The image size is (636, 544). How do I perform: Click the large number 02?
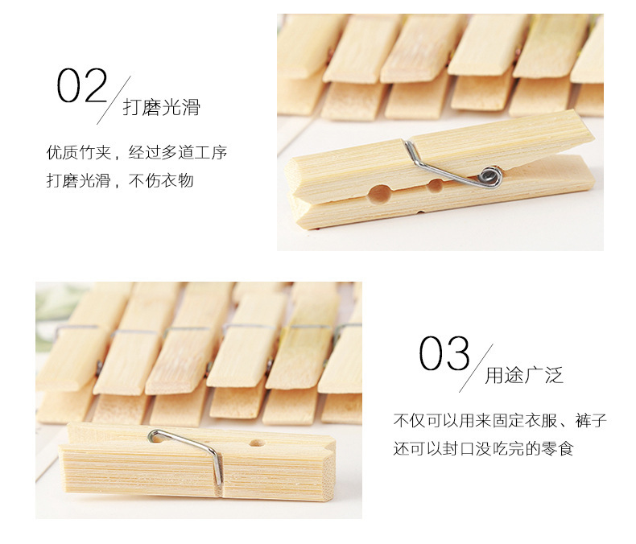pos(81,85)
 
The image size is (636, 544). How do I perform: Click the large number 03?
pos(444,353)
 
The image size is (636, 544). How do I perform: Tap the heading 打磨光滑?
pos(162,107)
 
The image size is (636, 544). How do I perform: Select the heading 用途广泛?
pos(524,375)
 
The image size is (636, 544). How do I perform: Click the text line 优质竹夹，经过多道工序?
pos(137,152)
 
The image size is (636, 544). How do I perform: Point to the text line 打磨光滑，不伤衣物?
pos(120,180)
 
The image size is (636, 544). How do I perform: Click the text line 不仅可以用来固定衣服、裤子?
pos(500,420)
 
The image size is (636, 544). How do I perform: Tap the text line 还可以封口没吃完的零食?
pos(483,448)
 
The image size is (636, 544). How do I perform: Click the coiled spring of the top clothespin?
pos(490,176)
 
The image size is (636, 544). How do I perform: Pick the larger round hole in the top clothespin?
pos(380,193)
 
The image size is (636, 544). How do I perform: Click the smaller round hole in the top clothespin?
pos(436,186)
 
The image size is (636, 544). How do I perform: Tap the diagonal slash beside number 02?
pos(114,100)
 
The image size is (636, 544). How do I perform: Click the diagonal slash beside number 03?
pos(476,368)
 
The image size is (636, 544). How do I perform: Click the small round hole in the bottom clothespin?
pos(257,443)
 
